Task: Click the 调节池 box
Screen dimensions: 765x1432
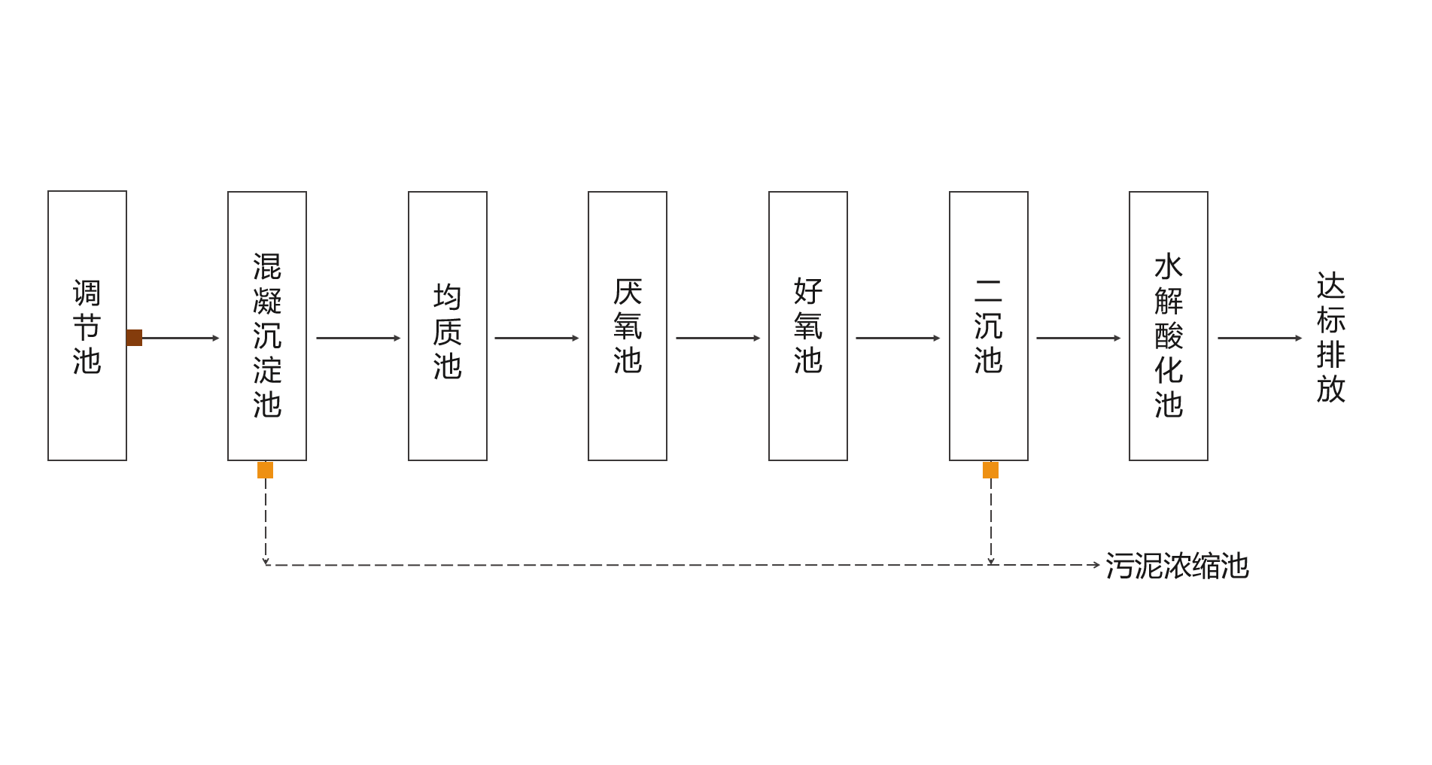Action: [87, 326]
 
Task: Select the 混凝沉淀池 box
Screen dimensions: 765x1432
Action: [267, 326]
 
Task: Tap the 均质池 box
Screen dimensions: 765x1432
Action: [448, 326]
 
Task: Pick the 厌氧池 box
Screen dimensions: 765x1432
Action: [628, 326]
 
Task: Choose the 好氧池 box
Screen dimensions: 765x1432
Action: [808, 326]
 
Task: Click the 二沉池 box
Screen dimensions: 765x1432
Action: [989, 326]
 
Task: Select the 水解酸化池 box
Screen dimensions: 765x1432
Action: [1169, 326]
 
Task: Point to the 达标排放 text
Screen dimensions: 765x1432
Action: [1330, 338]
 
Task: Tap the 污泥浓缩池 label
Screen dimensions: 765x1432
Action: [1177, 566]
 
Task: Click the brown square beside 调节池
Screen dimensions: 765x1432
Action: [134, 338]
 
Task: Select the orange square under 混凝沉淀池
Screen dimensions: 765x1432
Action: [266, 470]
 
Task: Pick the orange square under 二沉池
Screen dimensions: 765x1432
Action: [991, 470]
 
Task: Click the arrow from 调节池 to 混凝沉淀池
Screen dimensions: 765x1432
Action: [181, 338]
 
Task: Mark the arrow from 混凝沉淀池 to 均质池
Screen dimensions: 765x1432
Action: [358, 338]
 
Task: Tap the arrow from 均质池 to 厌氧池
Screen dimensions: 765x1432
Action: [537, 338]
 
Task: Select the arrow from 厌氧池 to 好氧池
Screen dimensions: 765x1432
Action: [718, 338]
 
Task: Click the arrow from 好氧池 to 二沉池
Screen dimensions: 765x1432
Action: [898, 338]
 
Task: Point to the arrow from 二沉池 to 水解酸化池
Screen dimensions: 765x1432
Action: [1078, 338]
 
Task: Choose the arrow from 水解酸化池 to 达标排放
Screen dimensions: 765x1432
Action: [1260, 338]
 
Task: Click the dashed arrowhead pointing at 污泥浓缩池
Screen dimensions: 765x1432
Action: [1096, 565]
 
